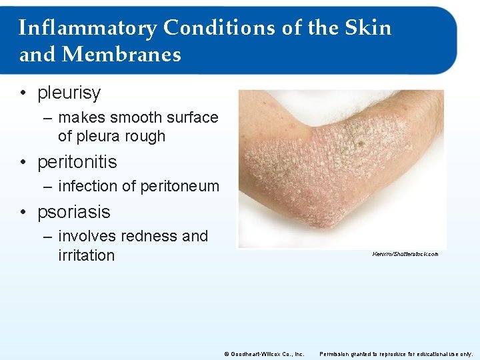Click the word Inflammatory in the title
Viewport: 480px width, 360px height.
(x=87, y=28)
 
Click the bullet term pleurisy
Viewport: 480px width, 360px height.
(x=69, y=93)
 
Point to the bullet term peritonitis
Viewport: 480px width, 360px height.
(x=77, y=162)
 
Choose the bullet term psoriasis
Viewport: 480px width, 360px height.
(x=73, y=213)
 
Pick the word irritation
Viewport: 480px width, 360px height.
(x=86, y=255)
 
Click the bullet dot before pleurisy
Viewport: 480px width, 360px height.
(x=24, y=94)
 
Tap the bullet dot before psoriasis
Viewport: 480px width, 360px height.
(x=24, y=213)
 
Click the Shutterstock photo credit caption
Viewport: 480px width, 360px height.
(x=405, y=254)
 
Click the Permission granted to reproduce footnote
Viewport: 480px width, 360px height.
(x=396, y=354)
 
